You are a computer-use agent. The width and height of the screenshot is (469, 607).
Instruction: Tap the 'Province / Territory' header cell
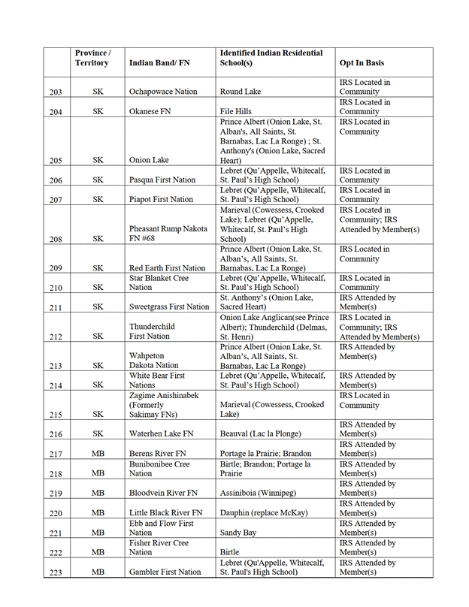pos(92,58)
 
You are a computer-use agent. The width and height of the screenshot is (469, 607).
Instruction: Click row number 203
pos(55,92)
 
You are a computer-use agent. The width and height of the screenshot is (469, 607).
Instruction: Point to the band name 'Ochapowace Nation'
pos(163,92)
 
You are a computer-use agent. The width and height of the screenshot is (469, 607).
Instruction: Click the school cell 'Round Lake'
pos(241,92)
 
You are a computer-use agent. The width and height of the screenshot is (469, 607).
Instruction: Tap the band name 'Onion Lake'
pos(149,160)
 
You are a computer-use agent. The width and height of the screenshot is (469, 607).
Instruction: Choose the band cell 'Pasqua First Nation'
pos(161,180)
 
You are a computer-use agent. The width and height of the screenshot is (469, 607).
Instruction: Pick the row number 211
pos(55,307)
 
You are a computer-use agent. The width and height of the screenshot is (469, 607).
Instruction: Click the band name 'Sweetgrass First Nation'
pos(169,307)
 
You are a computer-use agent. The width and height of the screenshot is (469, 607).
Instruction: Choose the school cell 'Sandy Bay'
pos(238,532)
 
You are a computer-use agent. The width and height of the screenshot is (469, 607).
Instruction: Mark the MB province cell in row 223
pos(98,572)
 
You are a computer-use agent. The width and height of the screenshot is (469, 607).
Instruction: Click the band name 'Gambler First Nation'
pos(165,572)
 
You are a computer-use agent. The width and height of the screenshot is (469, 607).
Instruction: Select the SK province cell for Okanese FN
pos(98,111)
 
